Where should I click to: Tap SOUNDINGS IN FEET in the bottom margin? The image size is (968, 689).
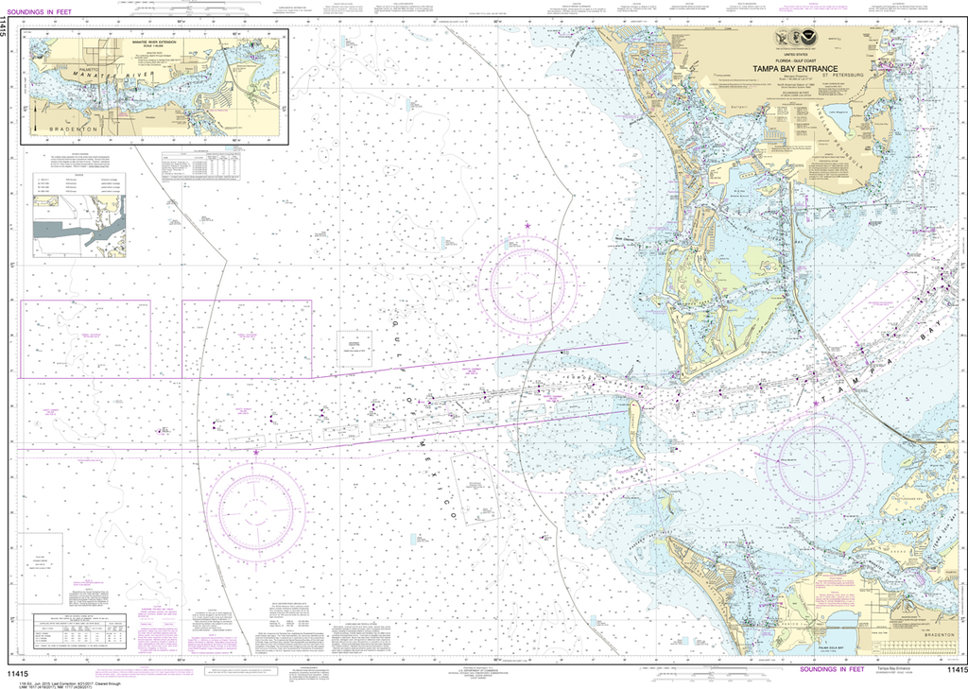pyautogui.click(x=832, y=668)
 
